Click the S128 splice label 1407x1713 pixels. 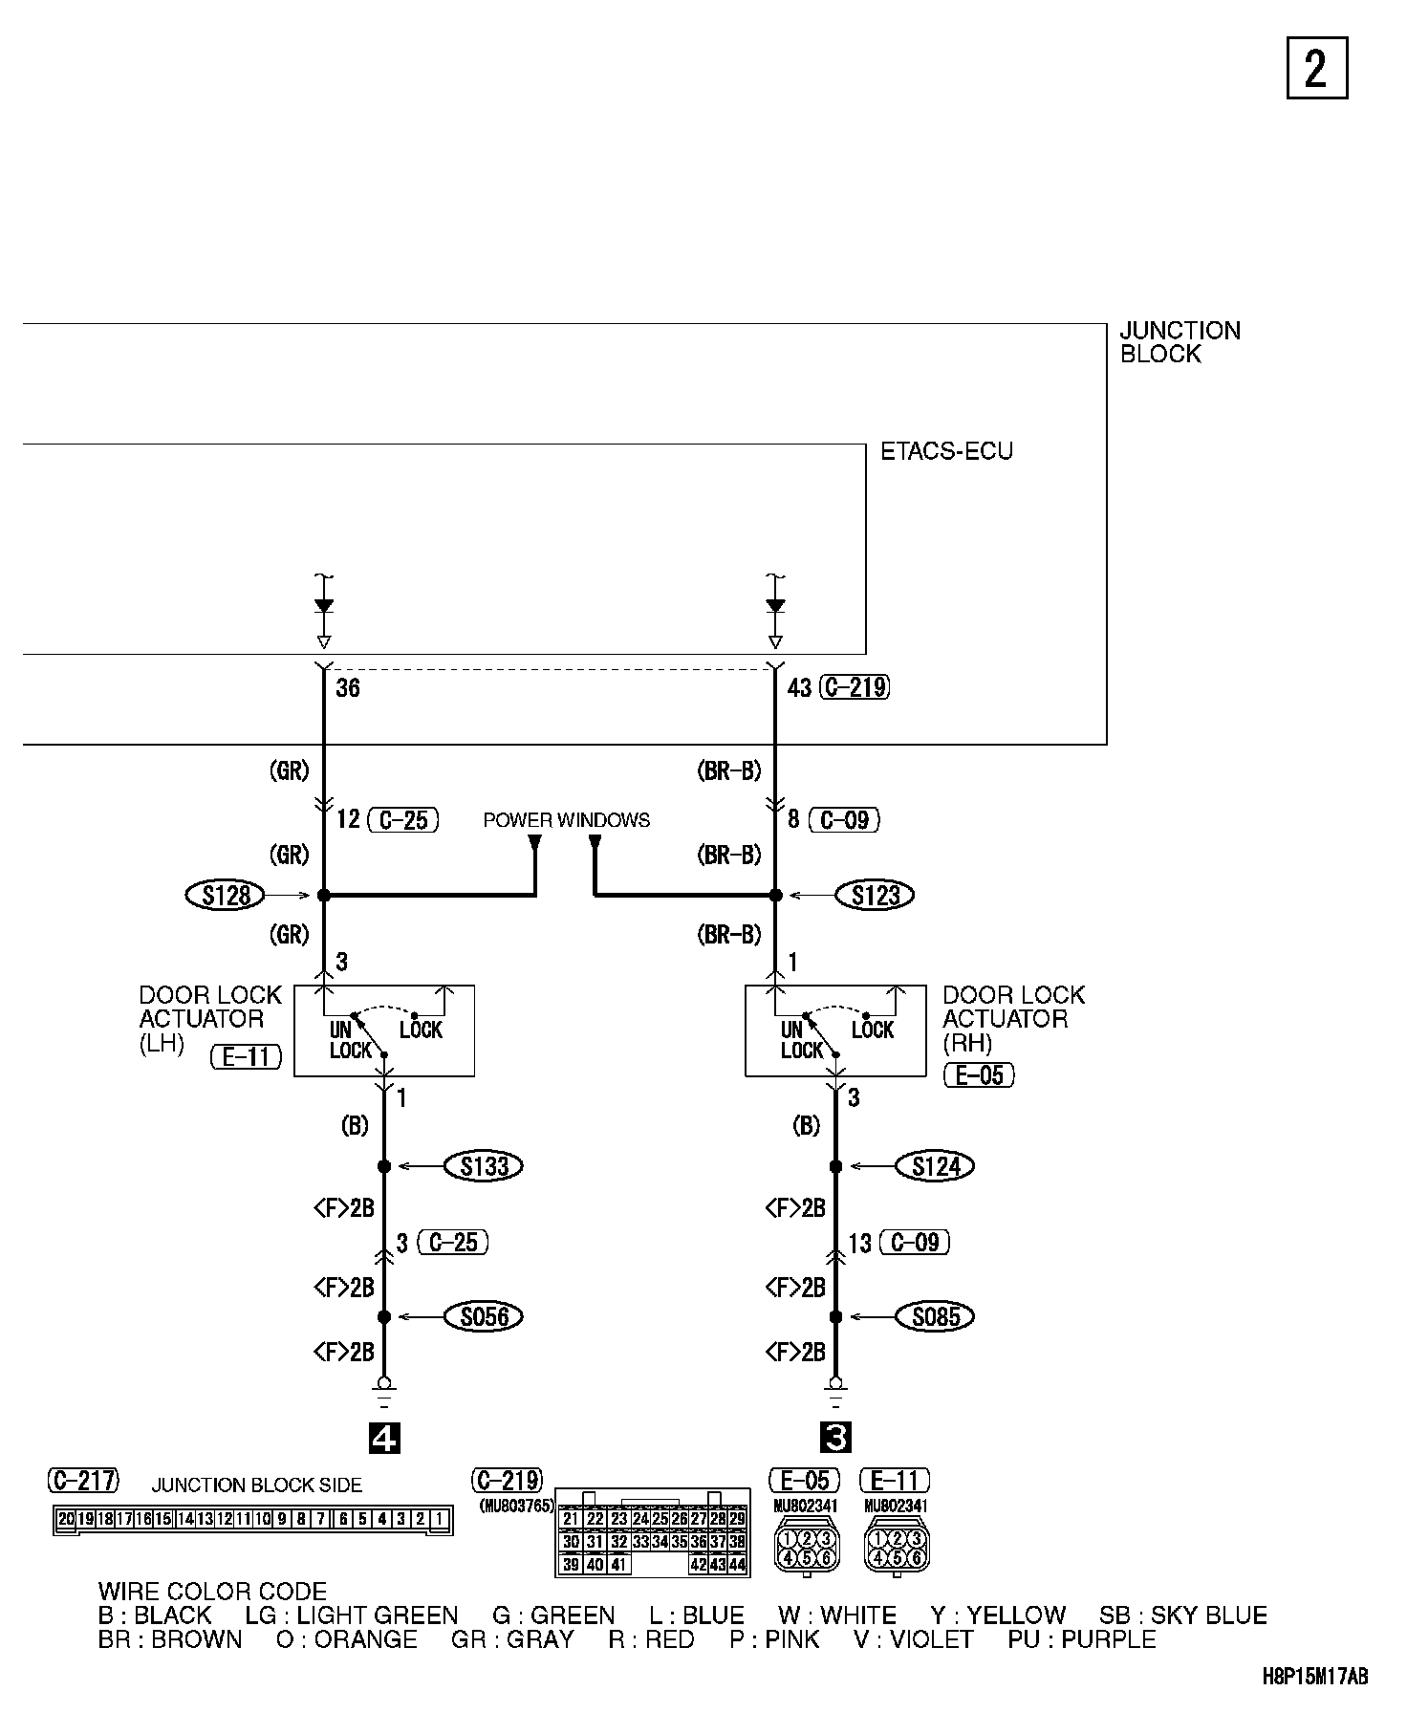[x=226, y=896]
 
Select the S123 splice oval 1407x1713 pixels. [x=875, y=896]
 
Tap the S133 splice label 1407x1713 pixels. [x=485, y=1166]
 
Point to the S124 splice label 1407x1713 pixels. [x=936, y=1166]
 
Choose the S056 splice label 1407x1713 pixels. [x=485, y=1316]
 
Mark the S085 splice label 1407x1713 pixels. [x=936, y=1316]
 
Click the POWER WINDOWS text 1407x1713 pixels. [x=566, y=820]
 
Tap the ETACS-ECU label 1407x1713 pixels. [x=946, y=451]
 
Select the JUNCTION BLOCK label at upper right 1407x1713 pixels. [x=1180, y=342]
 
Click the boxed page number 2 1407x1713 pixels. [x=1316, y=68]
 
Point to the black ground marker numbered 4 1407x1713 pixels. [x=384, y=1438]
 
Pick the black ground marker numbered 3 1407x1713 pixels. [x=835, y=1438]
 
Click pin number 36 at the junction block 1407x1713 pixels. [x=348, y=688]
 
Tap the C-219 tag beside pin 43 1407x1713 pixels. [x=855, y=687]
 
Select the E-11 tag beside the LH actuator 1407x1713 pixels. [x=247, y=1056]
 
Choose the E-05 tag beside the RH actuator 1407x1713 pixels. [x=980, y=1074]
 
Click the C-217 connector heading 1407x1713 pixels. [x=84, y=1481]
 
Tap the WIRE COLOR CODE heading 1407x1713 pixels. [x=212, y=1592]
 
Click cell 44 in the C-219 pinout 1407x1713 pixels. [x=737, y=1565]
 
